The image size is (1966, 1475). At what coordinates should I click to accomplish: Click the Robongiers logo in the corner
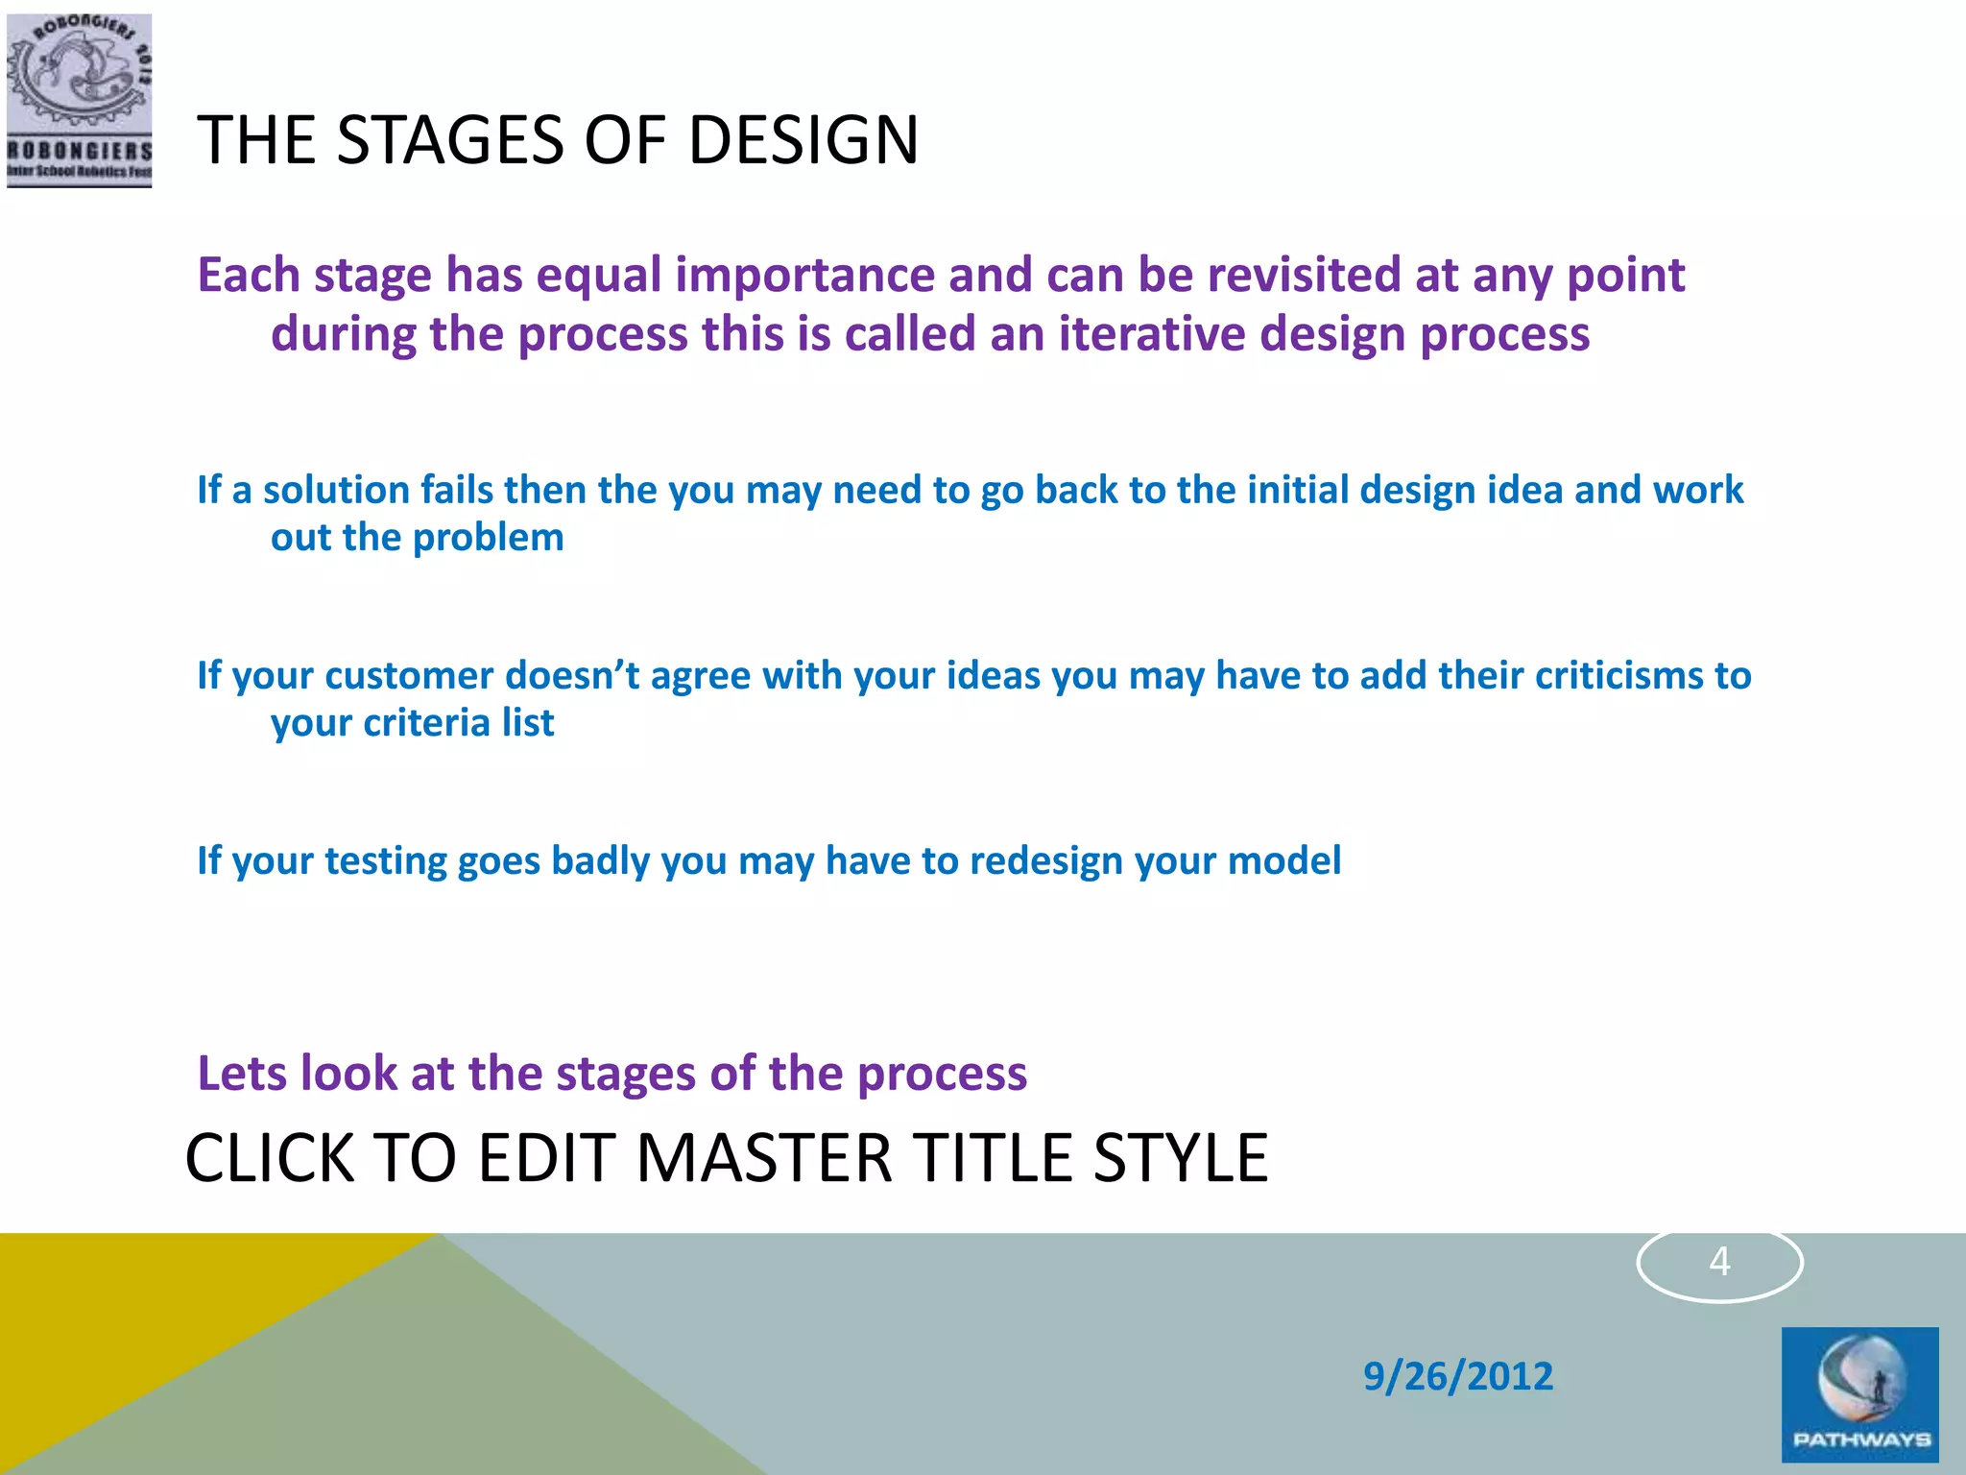click(79, 100)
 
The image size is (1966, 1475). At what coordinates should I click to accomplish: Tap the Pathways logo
click(1859, 1394)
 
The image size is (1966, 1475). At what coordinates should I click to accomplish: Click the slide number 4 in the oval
click(1719, 1262)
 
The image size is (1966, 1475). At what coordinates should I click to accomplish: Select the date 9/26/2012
click(1457, 1376)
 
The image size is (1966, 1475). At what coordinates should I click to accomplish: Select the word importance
click(804, 276)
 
